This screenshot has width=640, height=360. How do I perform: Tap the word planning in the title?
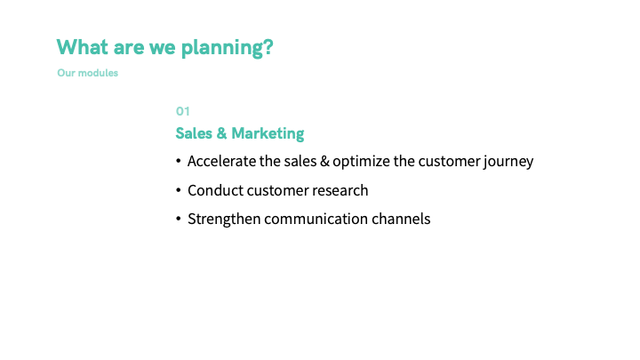point(222,49)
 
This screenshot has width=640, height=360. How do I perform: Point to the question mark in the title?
point(268,47)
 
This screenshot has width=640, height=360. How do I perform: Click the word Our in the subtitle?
point(66,73)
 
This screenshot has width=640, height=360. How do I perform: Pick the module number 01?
point(182,111)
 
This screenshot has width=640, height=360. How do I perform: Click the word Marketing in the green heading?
point(268,133)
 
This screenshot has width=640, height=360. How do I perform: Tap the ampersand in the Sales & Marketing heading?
point(221,133)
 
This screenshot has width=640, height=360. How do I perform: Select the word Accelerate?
point(221,161)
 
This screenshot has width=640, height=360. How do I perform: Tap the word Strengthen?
point(224,220)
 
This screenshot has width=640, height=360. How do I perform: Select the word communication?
point(316,220)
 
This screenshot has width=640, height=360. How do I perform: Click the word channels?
point(401,220)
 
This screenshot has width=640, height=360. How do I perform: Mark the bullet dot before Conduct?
point(179,190)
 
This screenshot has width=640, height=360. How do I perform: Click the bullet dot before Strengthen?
point(179,219)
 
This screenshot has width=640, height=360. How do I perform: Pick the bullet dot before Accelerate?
point(179,161)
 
